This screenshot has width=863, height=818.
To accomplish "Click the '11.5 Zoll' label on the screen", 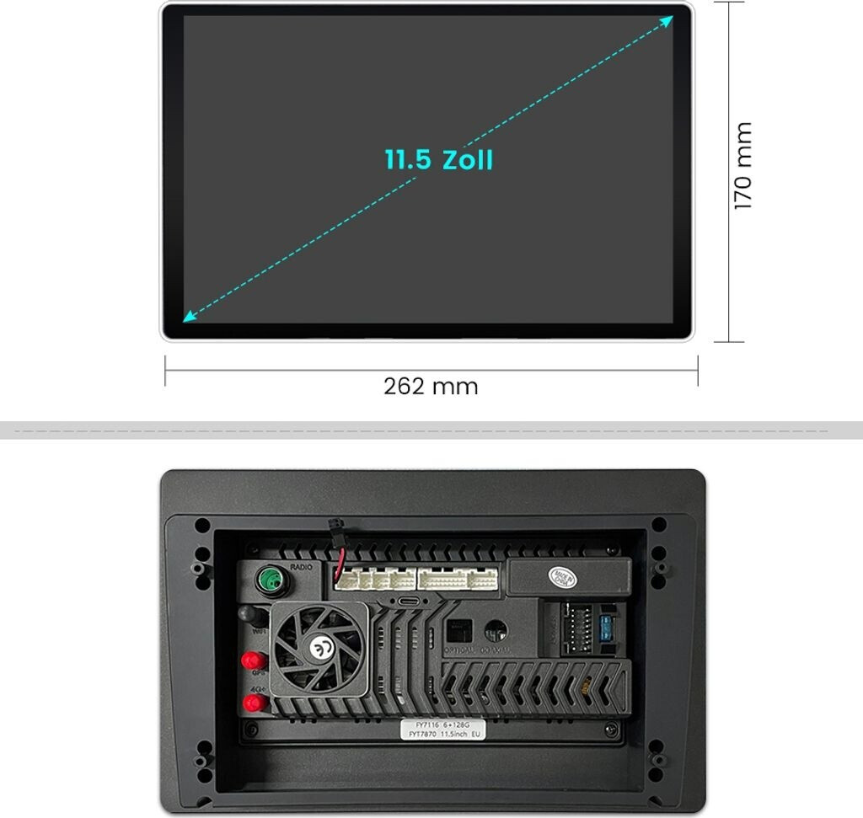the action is coord(438,160).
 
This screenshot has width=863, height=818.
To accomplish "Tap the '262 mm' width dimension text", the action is coord(431,387).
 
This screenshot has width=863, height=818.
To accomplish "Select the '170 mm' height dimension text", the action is coord(742,166).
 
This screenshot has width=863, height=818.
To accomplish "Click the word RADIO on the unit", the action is coord(301,567).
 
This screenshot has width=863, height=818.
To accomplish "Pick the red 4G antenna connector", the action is coord(251,702).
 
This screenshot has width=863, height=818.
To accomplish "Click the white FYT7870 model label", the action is coord(447,729).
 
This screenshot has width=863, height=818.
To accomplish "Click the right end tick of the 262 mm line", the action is coord(698,370).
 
